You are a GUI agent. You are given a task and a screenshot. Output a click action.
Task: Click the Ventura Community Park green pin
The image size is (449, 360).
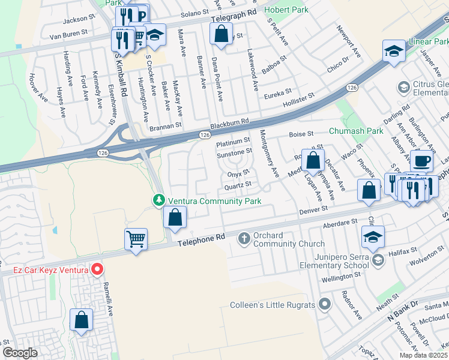158,200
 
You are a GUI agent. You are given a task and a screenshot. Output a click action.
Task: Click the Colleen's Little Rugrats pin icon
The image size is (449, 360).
325,305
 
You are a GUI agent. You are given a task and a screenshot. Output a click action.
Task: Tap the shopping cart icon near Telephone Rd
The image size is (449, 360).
136,239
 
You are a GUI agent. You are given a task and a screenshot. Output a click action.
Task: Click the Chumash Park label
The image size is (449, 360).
355,130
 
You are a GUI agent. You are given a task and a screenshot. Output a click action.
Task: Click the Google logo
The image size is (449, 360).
19,353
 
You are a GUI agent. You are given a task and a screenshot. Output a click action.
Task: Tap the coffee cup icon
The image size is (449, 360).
422,161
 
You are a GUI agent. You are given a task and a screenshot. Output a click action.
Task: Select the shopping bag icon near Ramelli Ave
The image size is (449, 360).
81,320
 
